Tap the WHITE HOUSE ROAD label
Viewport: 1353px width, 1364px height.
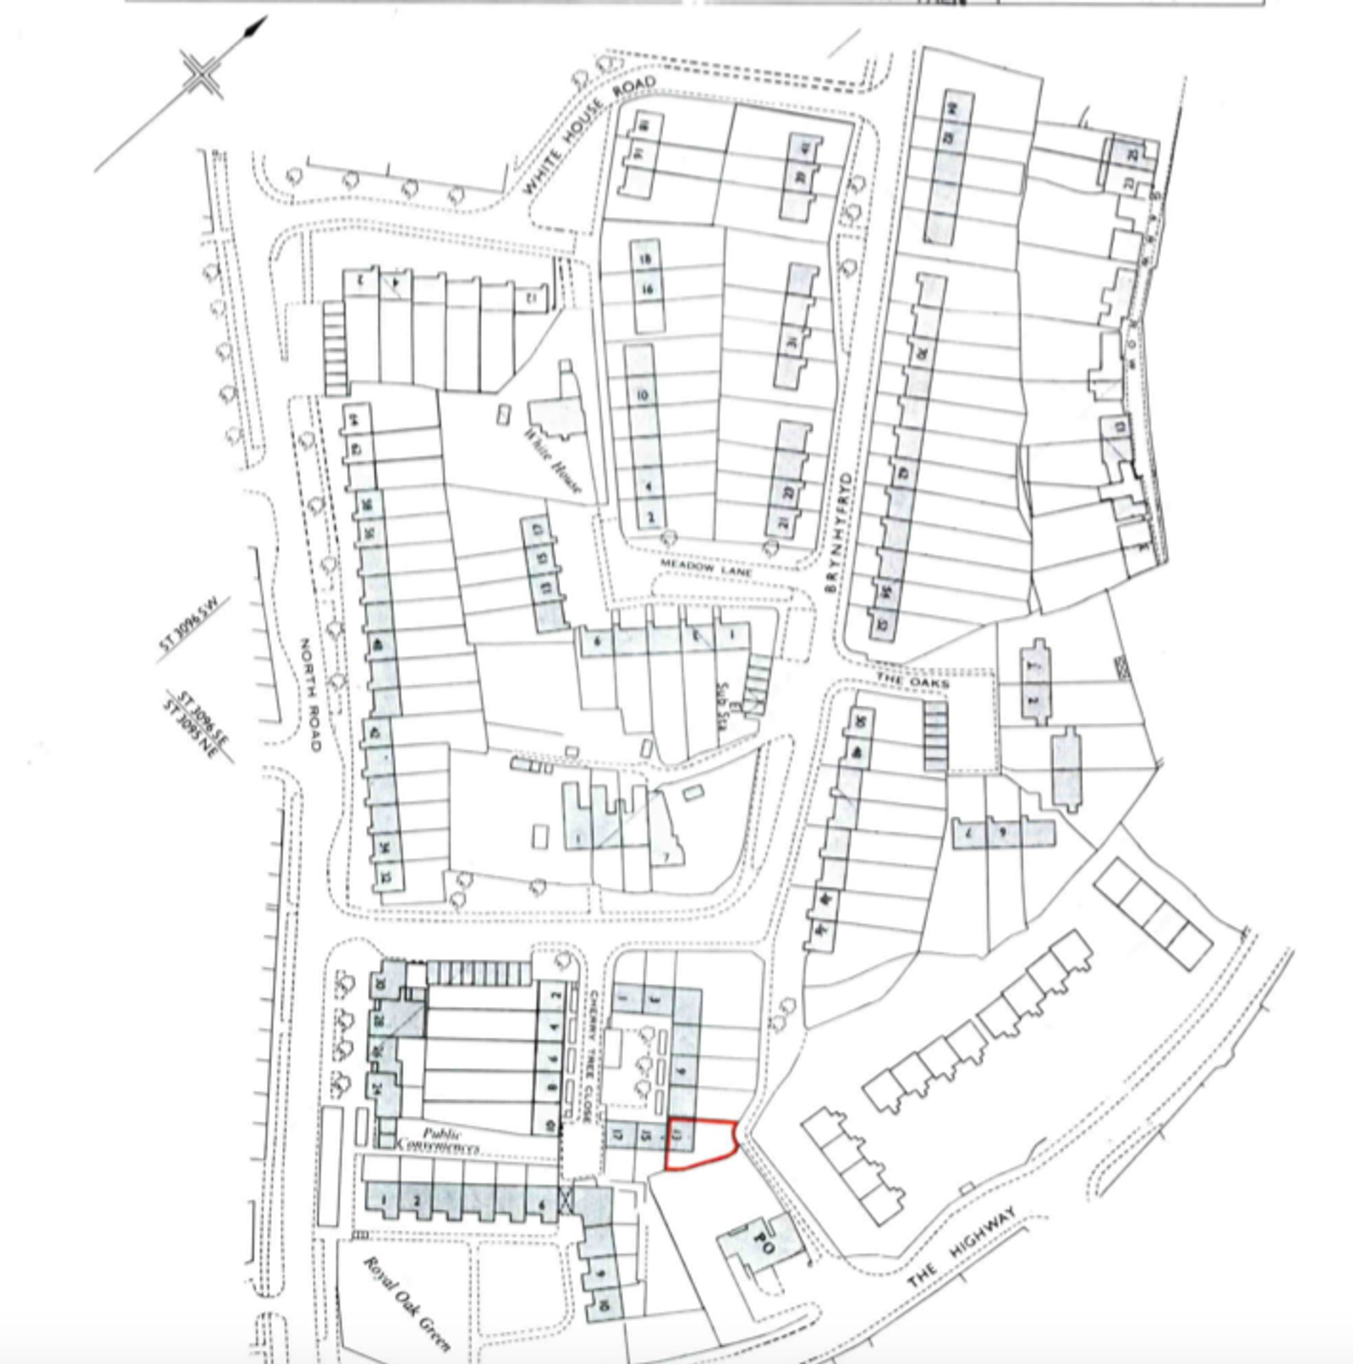[x=589, y=136]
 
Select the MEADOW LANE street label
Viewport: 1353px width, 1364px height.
[x=706, y=567]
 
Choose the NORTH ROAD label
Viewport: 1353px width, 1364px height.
[x=311, y=695]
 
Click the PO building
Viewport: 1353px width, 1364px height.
[x=763, y=1246]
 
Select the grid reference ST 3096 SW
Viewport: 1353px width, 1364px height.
[x=195, y=630]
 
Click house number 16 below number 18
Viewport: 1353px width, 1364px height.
[x=647, y=289]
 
